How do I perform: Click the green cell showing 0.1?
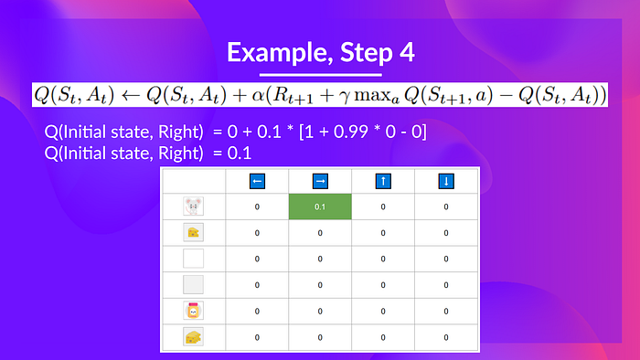(x=320, y=206)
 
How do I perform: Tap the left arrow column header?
(x=257, y=182)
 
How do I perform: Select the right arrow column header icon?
(x=320, y=182)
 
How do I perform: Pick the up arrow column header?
(x=383, y=182)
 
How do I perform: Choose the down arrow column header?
(x=446, y=182)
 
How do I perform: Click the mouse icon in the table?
(x=193, y=206)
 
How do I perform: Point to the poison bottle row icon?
(x=193, y=311)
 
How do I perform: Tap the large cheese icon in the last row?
(x=193, y=337)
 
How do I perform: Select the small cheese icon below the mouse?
(x=193, y=232)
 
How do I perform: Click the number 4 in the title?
(x=407, y=53)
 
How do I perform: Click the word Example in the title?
(x=280, y=53)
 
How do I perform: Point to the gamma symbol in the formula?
(x=345, y=97)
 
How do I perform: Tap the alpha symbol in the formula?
(x=258, y=95)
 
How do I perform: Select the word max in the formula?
(x=373, y=95)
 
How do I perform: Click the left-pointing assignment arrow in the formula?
(x=130, y=95)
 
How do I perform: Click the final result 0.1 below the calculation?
(x=240, y=154)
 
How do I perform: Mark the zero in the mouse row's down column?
(x=446, y=206)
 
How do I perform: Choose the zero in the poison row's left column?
(x=257, y=311)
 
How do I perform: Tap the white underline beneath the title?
(x=320, y=75)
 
